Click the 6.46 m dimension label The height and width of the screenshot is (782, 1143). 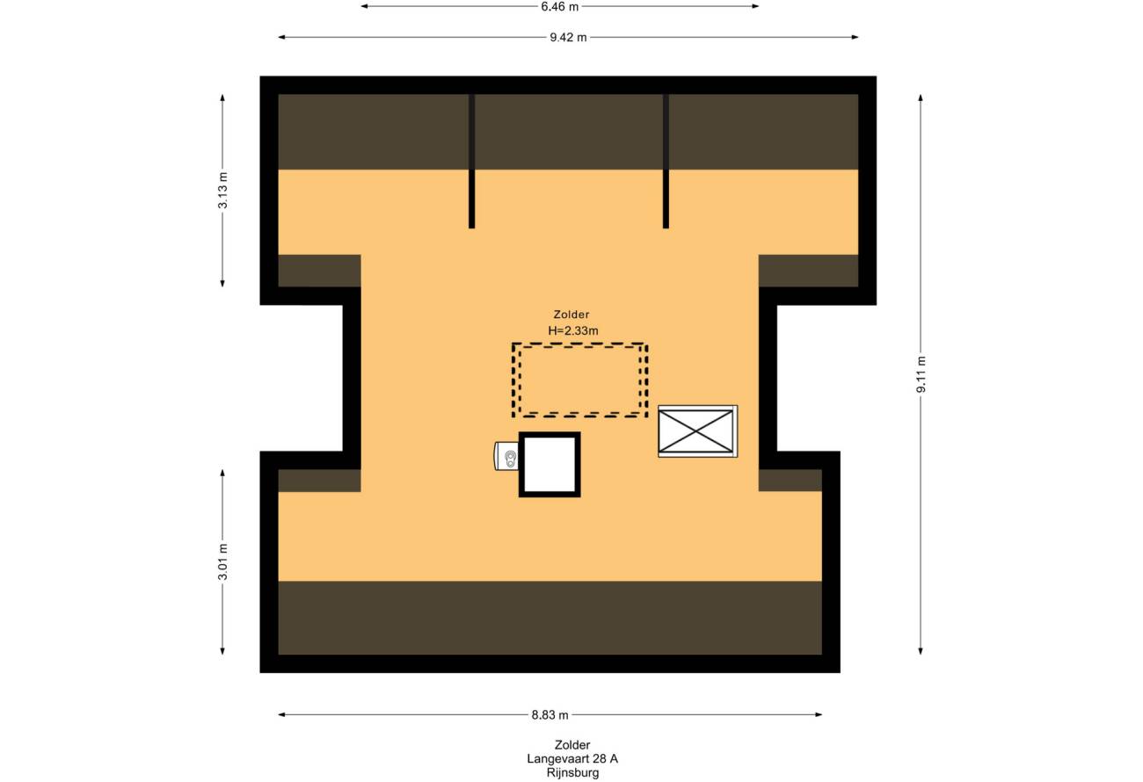(x=560, y=7)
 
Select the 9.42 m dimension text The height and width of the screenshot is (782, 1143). (x=568, y=37)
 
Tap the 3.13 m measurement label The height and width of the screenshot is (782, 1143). (x=222, y=190)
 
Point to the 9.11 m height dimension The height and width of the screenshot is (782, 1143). (x=921, y=374)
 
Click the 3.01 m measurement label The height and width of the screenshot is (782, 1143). (x=222, y=561)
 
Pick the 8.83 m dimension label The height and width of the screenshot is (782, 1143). (x=550, y=714)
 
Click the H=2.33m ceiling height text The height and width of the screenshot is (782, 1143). (x=573, y=330)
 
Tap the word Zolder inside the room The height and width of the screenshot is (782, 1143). (x=571, y=315)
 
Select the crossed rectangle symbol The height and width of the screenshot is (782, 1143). (x=697, y=431)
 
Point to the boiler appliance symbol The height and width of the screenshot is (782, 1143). (x=506, y=456)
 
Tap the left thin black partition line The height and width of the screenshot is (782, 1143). (x=471, y=161)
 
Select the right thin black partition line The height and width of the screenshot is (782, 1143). (x=666, y=161)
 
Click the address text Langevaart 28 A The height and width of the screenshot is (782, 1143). (x=572, y=758)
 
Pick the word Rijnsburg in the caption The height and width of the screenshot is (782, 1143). (x=572, y=773)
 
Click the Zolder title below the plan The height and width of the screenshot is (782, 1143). (x=572, y=745)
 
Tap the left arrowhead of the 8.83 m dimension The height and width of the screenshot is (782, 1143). (x=281, y=714)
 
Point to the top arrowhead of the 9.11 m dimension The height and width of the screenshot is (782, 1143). (x=921, y=98)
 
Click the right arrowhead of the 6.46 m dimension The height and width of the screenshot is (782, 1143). (x=755, y=7)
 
